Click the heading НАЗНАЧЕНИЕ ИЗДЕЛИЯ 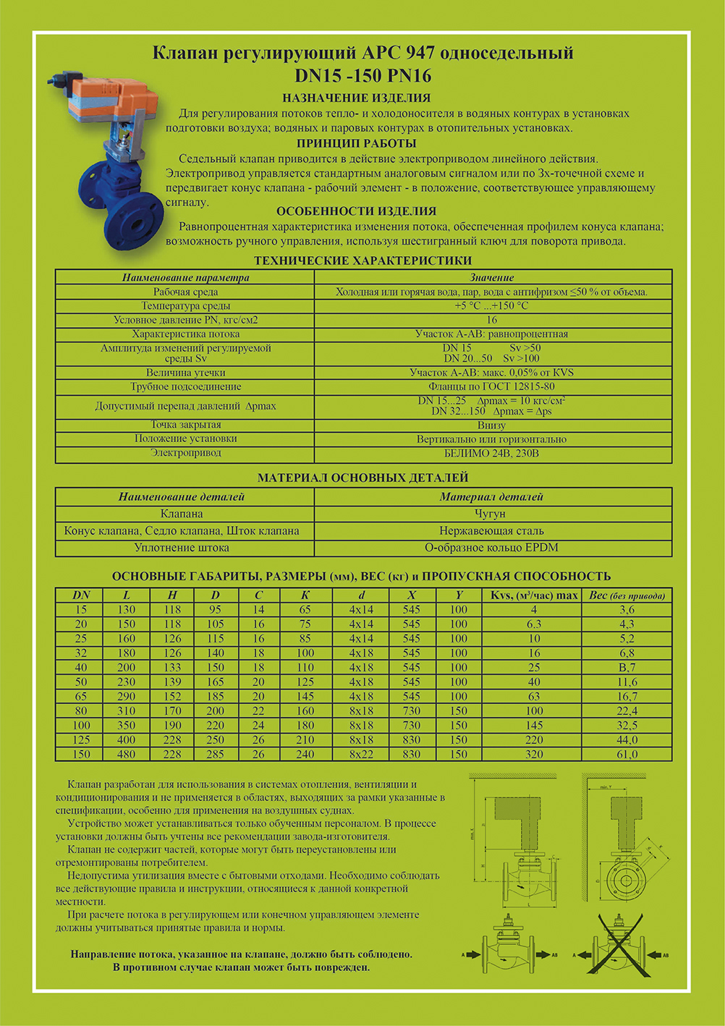click(356, 98)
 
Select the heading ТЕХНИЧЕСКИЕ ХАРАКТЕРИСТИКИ click(362, 260)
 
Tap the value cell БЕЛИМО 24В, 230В click(491, 454)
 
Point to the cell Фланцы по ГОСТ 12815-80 click(491, 387)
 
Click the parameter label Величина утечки click(185, 373)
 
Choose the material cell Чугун click(491, 514)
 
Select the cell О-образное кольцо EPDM click(491, 548)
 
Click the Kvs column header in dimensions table click(534, 595)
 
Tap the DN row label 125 click(80, 740)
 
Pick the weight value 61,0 click(627, 755)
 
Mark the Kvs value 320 click(534, 755)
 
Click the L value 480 click(126, 755)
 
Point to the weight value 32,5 click(627, 726)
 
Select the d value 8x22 click(361, 755)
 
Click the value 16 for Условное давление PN click(491, 320)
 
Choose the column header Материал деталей click(491, 497)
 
